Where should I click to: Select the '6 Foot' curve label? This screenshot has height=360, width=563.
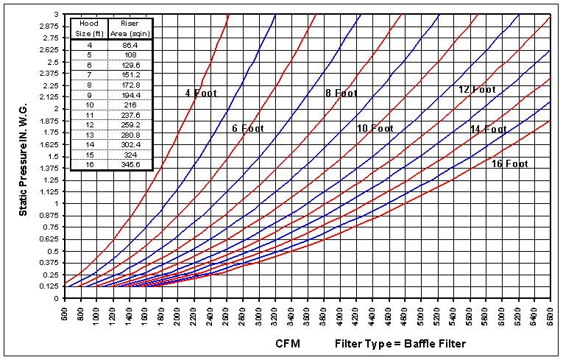point(245,129)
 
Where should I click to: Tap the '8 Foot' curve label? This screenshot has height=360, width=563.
point(341,93)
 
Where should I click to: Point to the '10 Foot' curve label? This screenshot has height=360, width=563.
point(375,129)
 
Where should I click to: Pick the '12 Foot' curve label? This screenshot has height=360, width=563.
point(476,90)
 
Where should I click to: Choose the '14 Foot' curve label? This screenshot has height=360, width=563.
point(489,130)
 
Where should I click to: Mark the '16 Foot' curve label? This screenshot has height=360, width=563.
point(511,164)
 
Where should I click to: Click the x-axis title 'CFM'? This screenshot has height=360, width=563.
point(288,344)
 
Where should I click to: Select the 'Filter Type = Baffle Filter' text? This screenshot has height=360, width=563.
point(400,344)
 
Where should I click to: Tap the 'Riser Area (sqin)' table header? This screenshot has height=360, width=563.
point(130,28)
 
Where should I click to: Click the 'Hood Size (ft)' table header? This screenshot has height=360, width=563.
point(89,28)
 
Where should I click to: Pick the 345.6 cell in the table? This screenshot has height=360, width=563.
point(130,165)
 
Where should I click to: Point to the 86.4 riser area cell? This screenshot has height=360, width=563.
point(130,44)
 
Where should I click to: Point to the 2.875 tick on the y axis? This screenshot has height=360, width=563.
point(49,26)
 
